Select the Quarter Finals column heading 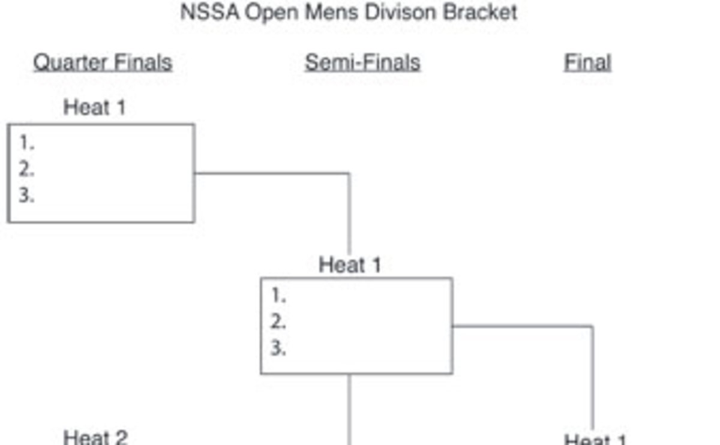tap(103, 62)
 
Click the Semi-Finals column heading tap(362, 62)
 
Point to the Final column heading tap(587, 62)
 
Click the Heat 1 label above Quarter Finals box tap(95, 107)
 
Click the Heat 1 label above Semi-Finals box tap(350, 264)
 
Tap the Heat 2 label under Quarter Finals tap(95, 437)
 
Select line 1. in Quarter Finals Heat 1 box tap(26, 143)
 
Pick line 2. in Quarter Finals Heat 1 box tap(26, 170)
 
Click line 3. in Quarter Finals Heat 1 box tap(26, 196)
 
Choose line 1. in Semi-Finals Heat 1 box tap(278, 296)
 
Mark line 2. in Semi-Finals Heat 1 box tap(278, 323)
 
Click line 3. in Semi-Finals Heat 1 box tap(278, 348)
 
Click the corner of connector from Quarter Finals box tap(350, 174)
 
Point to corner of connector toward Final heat tap(593, 327)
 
